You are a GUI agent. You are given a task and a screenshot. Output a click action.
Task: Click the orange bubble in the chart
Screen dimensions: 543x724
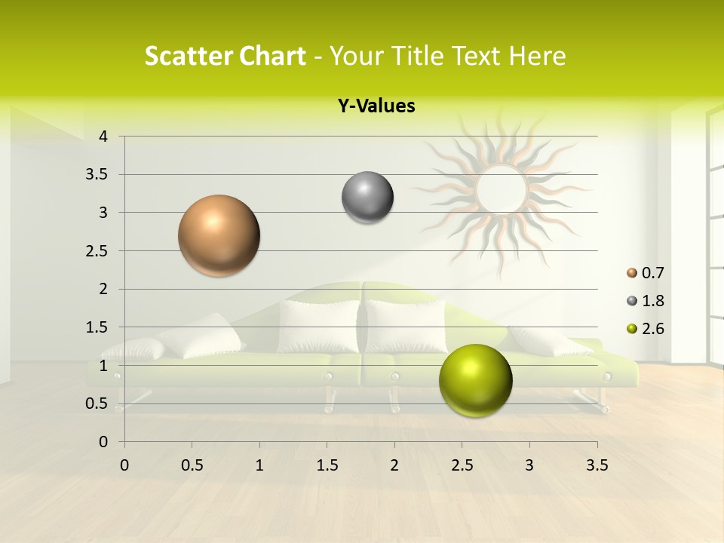tap(219, 235)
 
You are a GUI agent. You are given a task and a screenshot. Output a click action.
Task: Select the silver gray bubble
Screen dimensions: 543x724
tap(367, 198)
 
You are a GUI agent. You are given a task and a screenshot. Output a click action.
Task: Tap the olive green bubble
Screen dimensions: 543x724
tap(475, 380)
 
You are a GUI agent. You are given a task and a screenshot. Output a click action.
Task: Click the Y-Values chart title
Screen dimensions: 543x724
tap(376, 106)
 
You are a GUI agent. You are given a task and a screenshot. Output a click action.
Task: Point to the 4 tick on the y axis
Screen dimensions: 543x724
tap(103, 137)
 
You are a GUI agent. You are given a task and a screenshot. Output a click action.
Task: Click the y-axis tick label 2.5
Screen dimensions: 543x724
tap(96, 250)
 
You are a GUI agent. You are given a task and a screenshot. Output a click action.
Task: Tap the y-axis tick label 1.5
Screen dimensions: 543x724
tap(96, 327)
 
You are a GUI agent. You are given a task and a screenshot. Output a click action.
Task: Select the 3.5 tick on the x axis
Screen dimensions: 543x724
tap(597, 465)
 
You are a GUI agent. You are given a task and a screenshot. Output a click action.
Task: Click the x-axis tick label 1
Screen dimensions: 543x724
tap(259, 465)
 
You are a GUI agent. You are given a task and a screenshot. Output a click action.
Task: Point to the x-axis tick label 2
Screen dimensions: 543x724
tap(394, 465)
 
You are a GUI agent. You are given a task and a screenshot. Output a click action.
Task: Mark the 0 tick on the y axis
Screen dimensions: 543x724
tap(103, 441)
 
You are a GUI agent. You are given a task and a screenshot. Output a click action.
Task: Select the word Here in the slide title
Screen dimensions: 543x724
tap(536, 56)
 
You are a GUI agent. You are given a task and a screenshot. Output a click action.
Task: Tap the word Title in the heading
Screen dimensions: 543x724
tap(413, 56)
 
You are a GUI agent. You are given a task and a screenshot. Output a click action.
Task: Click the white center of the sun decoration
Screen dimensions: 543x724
tap(501, 189)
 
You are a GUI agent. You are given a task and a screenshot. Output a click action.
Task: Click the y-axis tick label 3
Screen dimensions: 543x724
tap(103, 213)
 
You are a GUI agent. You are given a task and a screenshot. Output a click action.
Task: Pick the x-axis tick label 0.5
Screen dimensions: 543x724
tap(192, 465)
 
